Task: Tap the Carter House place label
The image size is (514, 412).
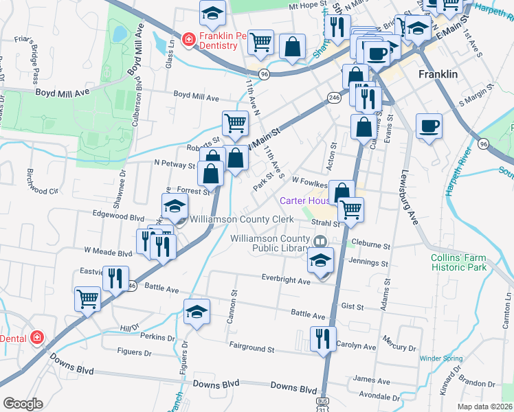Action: pyautogui.click(x=305, y=201)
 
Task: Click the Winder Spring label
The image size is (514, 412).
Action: pyautogui.click(x=440, y=358)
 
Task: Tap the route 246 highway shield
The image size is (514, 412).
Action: pyautogui.click(x=335, y=98)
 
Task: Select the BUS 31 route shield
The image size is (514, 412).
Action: pyautogui.click(x=322, y=404)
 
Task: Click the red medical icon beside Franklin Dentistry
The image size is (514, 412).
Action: pyautogui.click(x=188, y=41)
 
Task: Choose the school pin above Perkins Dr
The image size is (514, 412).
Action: pyautogui.click(x=197, y=312)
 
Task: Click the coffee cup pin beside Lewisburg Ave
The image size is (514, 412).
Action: pyautogui.click(x=429, y=126)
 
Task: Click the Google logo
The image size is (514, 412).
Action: pyautogui.click(x=23, y=404)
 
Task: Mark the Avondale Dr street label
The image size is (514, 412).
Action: pyautogui.click(x=379, y=397)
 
